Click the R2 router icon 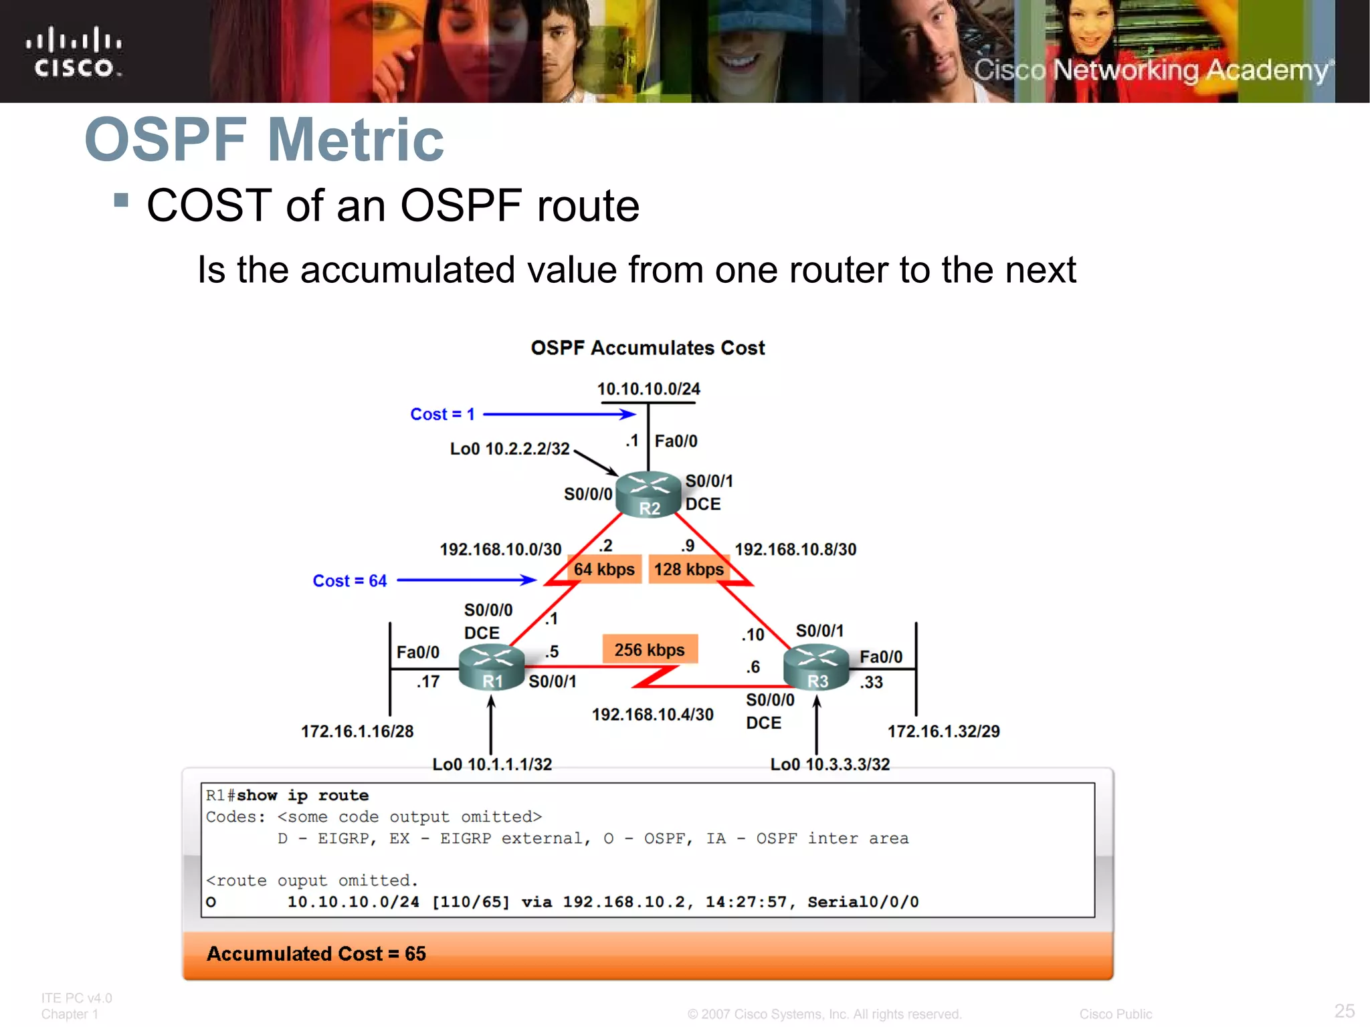coord(648,495)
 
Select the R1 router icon coord(492,667)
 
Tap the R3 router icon coord(816,667)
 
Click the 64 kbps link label coord(604,570)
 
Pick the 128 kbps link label coord(688,570)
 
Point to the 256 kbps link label coord(650,650)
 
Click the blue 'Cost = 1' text coord(442,415)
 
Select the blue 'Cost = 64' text coord(350,581)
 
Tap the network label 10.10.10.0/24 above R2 coord(648,389)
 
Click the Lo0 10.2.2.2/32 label coord(510,449)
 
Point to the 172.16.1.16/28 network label coord(357,731)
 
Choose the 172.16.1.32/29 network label coord(943,731)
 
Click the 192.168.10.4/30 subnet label coord(652,715)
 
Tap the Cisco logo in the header coord(74,52)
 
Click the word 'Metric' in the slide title coord(355,140)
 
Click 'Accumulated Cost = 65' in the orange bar coord(316,953)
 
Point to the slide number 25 coord(1345,1010)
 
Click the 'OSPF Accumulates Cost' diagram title coord(648,348)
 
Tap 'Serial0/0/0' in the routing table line coord(863,902)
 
